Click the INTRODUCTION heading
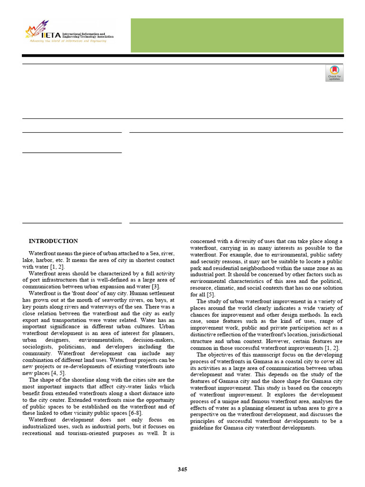(53, 241)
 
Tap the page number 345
(182, 469)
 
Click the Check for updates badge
(334, 73)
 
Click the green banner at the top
(236, 35)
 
